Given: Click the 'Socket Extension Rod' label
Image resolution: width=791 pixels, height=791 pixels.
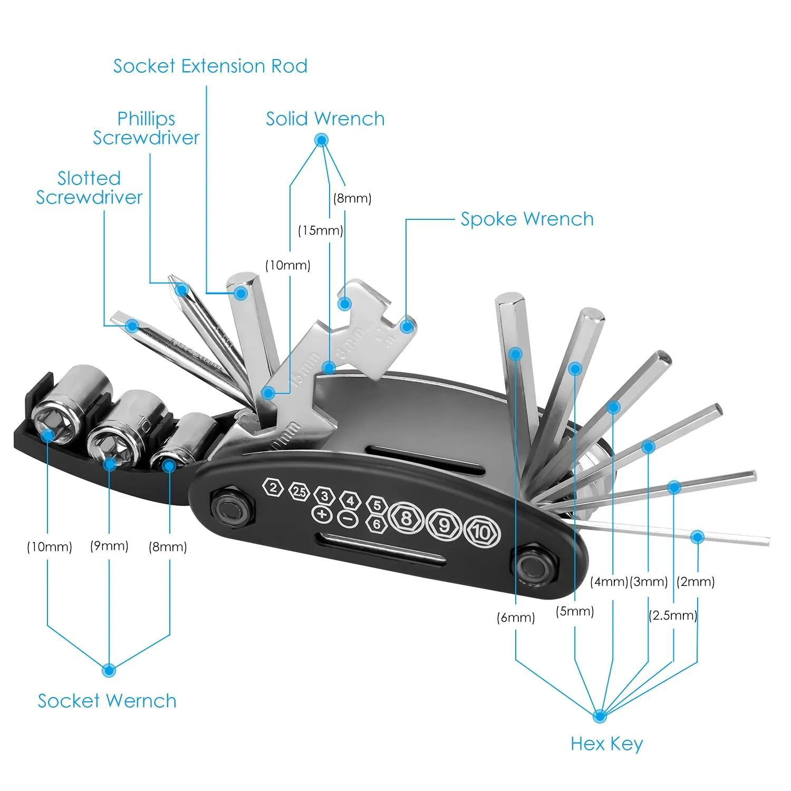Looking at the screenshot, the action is click(x=210, y=66).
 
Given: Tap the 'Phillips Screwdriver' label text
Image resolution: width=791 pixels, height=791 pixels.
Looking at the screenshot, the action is click(x=146, y=128).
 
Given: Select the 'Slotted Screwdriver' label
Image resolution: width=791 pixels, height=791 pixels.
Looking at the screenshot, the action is click(x=89, y=188).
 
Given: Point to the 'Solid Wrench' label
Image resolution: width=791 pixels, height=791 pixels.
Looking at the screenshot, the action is click(x=325, y=119).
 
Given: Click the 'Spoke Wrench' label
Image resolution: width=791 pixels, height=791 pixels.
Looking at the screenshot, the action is click(x=527, y=219).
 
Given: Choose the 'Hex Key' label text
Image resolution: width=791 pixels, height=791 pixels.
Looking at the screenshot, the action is click(x=607, y=744).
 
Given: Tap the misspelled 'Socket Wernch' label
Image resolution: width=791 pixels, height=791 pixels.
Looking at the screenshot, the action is click(x=107, y=701).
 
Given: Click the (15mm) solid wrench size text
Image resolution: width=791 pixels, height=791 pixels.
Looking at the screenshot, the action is click(x=321, y=230).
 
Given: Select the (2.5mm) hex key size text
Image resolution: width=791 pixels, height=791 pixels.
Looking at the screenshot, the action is click(x=673, y=615).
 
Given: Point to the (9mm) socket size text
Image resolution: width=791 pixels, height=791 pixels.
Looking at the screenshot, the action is click(x=109, y=546).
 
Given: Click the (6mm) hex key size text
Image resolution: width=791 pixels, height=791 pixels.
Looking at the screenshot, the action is click(x=516, y=618).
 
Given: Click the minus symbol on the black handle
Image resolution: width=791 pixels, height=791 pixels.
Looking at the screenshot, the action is click(x=348, y=519).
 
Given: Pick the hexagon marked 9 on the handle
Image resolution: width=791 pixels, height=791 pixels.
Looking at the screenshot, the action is click(x=444, y=525).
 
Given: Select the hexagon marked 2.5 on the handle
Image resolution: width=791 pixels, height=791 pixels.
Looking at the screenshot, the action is click(x=299, y=491).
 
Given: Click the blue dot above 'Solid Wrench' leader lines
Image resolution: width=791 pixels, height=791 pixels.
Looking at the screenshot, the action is click(x=321, y=140).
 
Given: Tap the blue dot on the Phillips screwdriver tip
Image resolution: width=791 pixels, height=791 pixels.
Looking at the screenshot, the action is click(x=182, y=290).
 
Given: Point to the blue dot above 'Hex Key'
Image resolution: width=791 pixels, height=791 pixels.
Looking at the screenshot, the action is click(x=600, y=716).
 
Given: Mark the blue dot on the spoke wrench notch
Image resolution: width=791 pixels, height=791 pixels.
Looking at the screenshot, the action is click(x=407, y=326).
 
